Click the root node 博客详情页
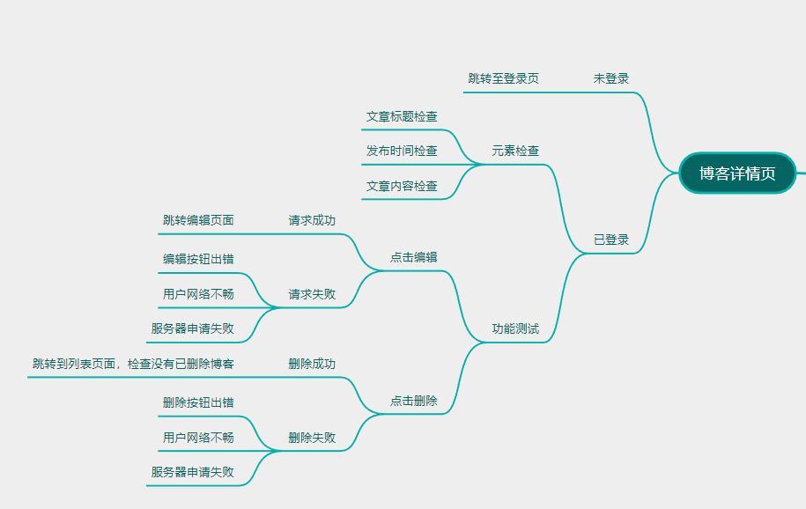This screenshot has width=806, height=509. coord(737,173)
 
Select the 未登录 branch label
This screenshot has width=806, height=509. coord(610,78)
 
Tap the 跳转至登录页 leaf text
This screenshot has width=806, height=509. coord(503,78)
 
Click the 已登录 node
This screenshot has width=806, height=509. coord(610,240)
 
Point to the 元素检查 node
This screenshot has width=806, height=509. coord(515,151)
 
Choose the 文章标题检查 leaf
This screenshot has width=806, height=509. coord(402,116)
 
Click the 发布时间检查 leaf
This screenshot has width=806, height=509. coord(402,151)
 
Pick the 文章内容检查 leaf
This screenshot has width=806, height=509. coord(402,186)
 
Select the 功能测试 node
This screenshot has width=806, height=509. coord(515,329)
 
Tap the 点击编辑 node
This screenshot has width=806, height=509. coord(413,257)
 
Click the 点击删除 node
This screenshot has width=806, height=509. coord(413,401)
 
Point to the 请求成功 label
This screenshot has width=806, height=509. coord(312,220)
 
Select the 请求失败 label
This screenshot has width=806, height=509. coord(312,294)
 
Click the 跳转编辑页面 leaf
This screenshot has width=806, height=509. coord(198,220)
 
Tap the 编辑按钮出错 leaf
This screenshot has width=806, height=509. coord(198,259)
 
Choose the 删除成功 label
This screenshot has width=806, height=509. coord(312,364)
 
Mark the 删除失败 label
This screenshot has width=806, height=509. coord(312,438)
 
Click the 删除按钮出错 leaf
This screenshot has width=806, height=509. coord(198,402)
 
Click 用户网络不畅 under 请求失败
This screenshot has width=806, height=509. coord(198,294)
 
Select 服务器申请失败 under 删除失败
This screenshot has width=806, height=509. coord(192,472)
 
